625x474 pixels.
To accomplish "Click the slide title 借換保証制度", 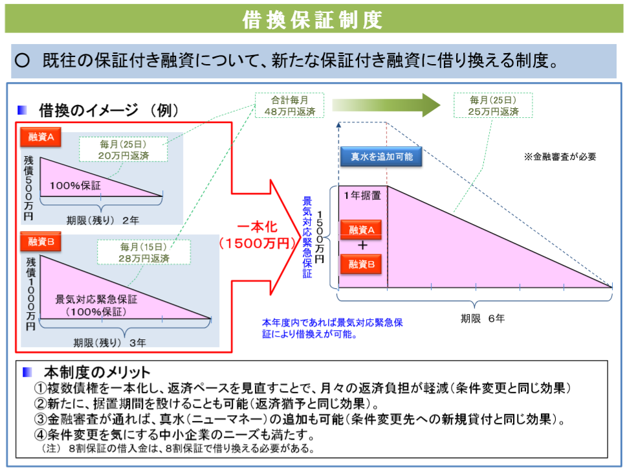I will tap(312, 19).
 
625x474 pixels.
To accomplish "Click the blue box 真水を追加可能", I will tap(381, 156).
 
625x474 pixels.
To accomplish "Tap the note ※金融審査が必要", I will tap(560, 156).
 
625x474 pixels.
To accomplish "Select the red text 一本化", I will tap(257, 227).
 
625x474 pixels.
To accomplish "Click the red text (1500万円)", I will tap(256, 243).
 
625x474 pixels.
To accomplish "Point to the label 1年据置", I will tap(362, 194).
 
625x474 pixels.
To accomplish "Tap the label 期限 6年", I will tap(483, 318).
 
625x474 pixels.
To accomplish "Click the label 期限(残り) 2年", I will tap(102, 220).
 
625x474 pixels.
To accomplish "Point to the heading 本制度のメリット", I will tap(96, 372).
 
